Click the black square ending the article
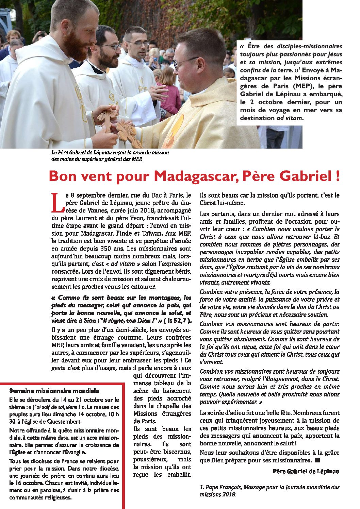pos(317,460)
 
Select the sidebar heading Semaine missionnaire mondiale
pos(54,391)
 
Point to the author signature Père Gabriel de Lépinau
pos(306,471)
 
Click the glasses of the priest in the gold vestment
pos(185,62)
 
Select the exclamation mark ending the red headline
pos(337,176)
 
